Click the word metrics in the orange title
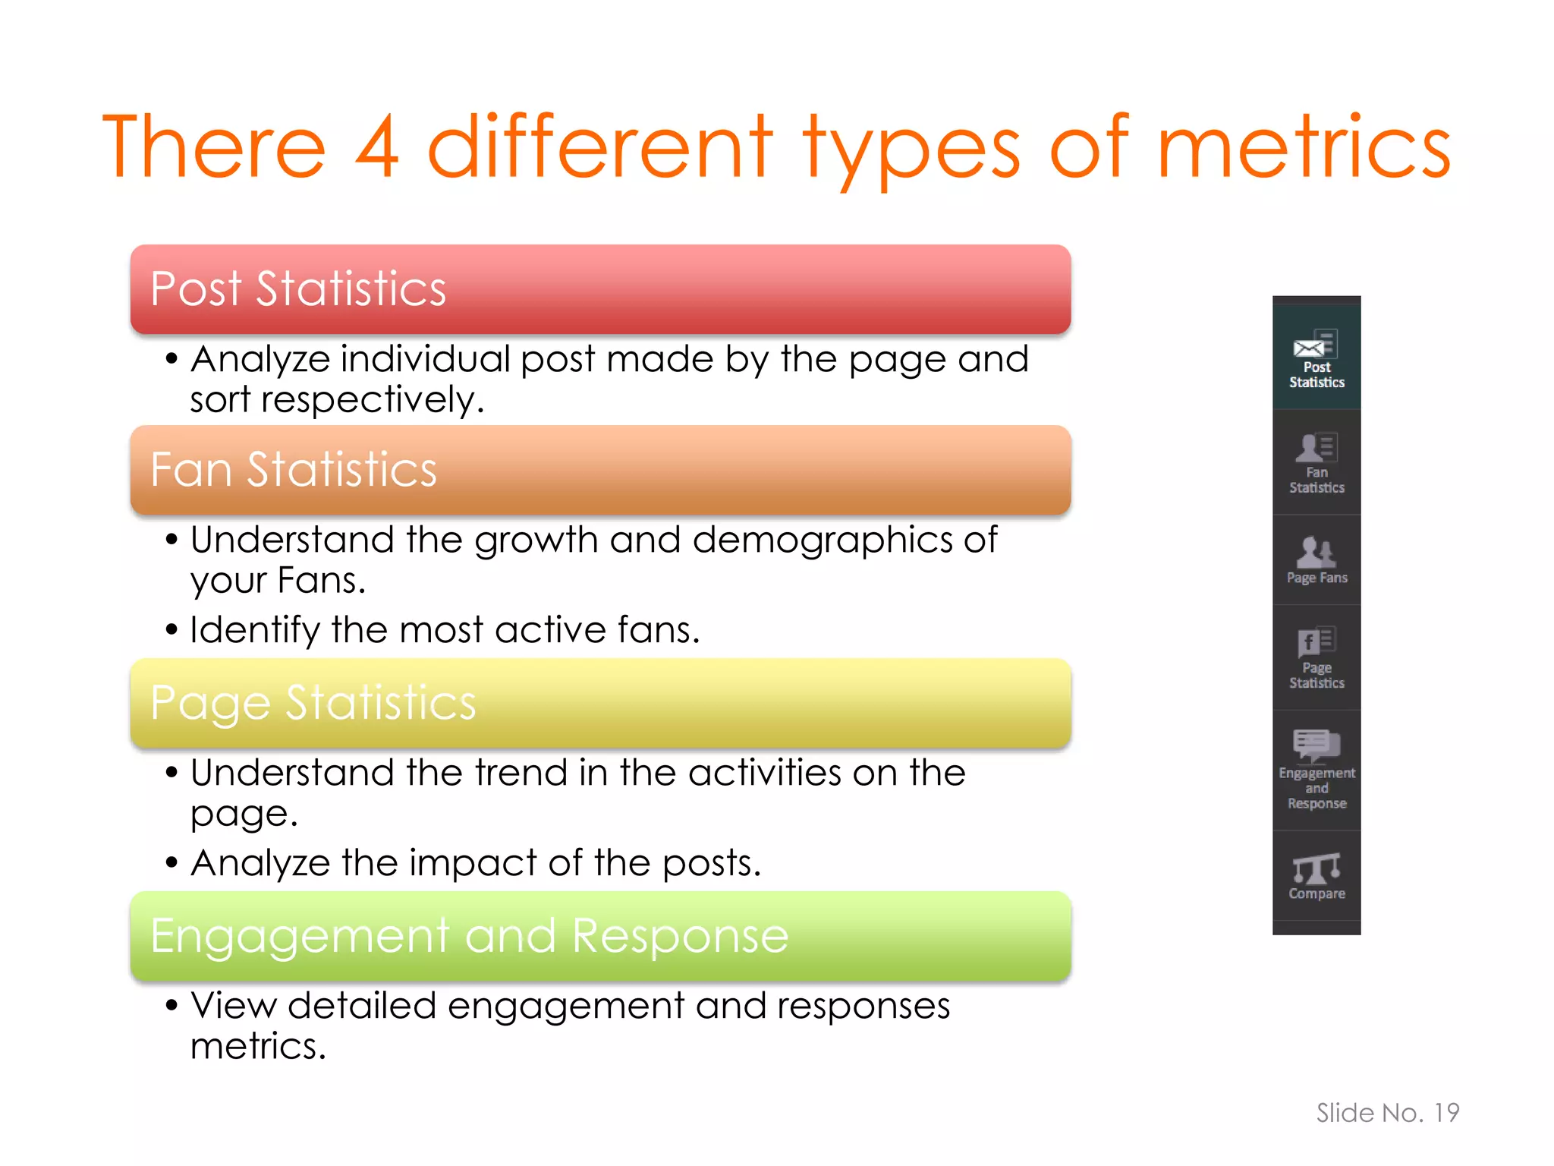pyautogui.click(x=1303, y=147)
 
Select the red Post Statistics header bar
pyautogui.click(x=600, y=289)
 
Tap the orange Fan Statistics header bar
pyautogui.click(x=600, y=470)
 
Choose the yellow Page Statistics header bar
pyautogui.click(x=600, y=703)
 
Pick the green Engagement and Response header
pyautogui.click(x=600, y=936)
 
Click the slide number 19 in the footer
pyautogui.click(x=1446, y=1113)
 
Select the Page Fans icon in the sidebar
pyautogui.click(x=1315, y=552)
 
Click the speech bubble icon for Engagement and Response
pyautogui.click(x=1316, y=745)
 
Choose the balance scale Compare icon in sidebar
pyautogui.click(x=1316, y=868)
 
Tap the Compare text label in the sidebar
pyautogui.click(x=1316, y=894)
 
